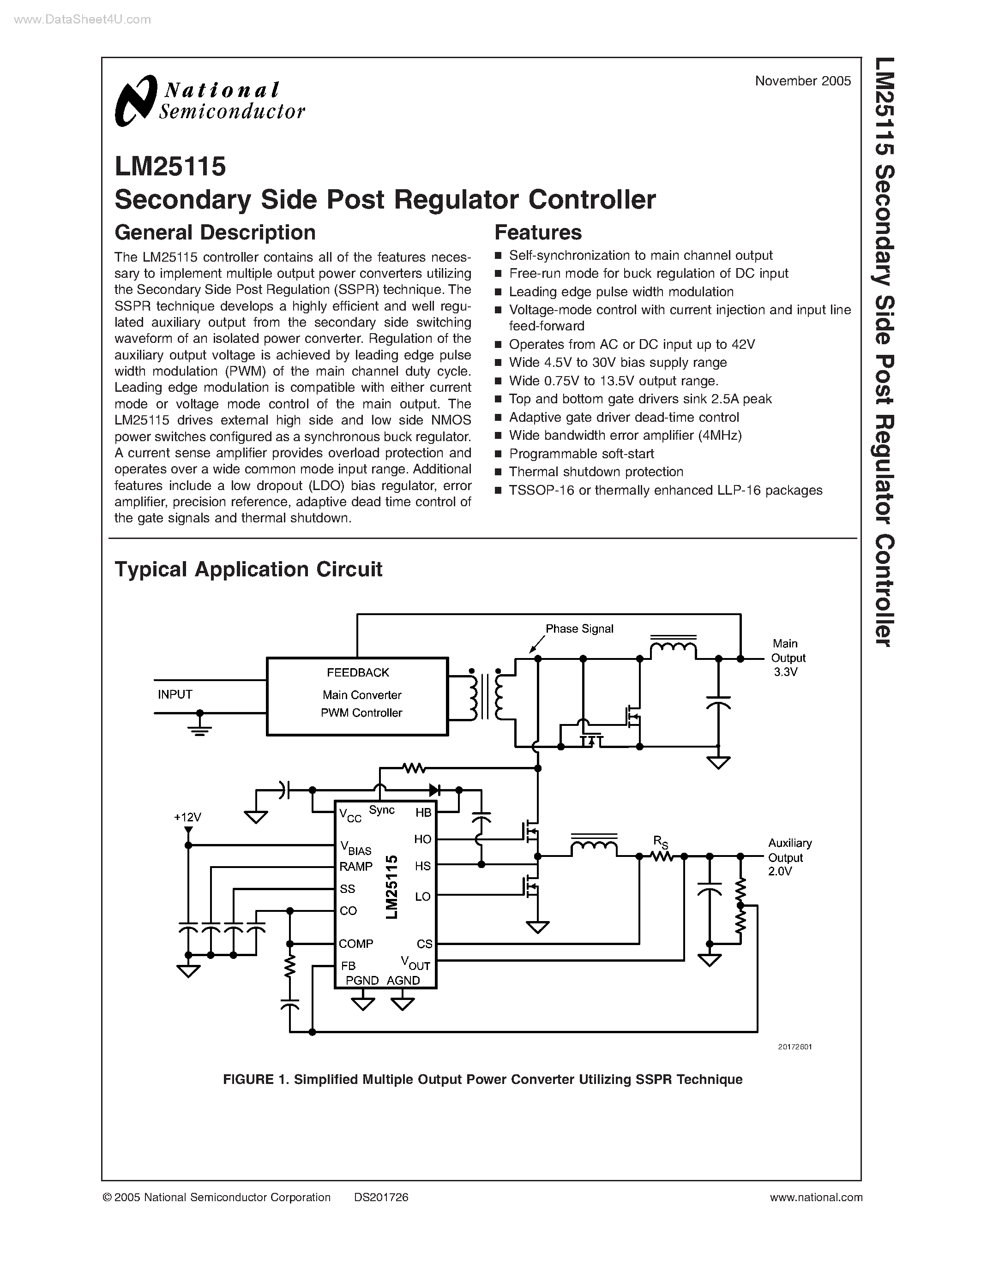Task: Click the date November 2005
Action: [x=803, y=81]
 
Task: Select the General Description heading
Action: [x=215, y=233]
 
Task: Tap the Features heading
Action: [x=537, y=233]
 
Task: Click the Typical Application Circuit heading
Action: [x=248, y=569]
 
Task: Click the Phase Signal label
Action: [x=579, y=629]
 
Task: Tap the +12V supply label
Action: [x=187, y=817]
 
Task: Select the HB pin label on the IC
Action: [x=423, y=812]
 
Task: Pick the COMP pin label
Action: [x=355, y=944]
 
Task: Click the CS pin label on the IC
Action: [x=424, y=944]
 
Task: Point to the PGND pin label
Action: [x=362, y=980]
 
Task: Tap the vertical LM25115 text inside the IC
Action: [x=391, y=886]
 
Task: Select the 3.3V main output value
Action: [x=785, y=672]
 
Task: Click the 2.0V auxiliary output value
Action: [x=780, y=872]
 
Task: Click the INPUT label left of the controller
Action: [x=175, y=694]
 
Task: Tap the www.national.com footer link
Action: [x=816, y=1197]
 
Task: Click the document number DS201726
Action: [x=381, y=1197]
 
